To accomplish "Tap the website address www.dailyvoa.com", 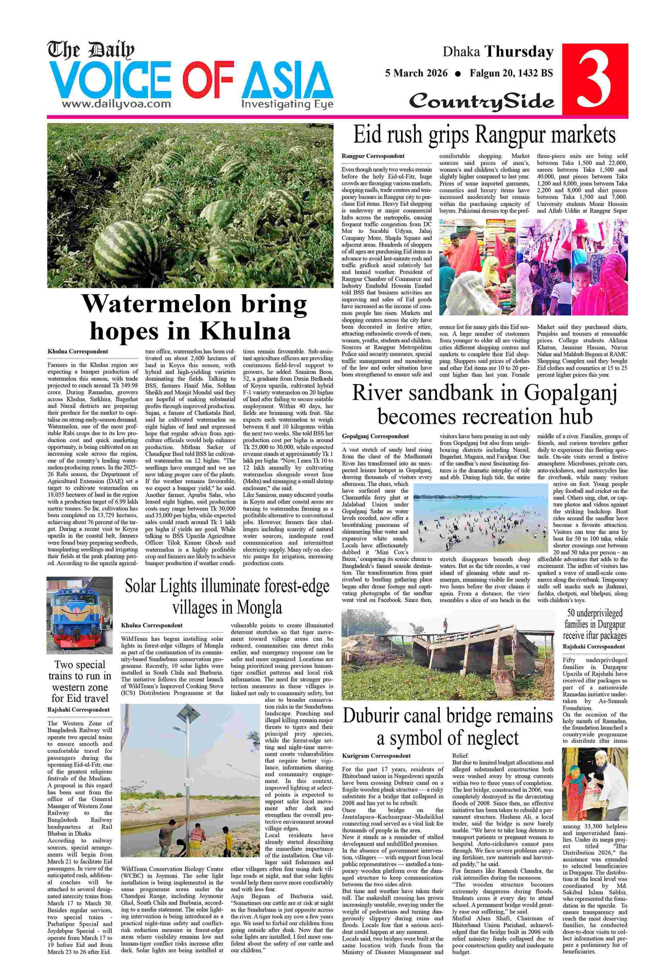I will (x=116, y=104).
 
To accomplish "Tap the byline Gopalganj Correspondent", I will (x=375, y=436).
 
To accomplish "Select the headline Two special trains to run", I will (x=80, y=681).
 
